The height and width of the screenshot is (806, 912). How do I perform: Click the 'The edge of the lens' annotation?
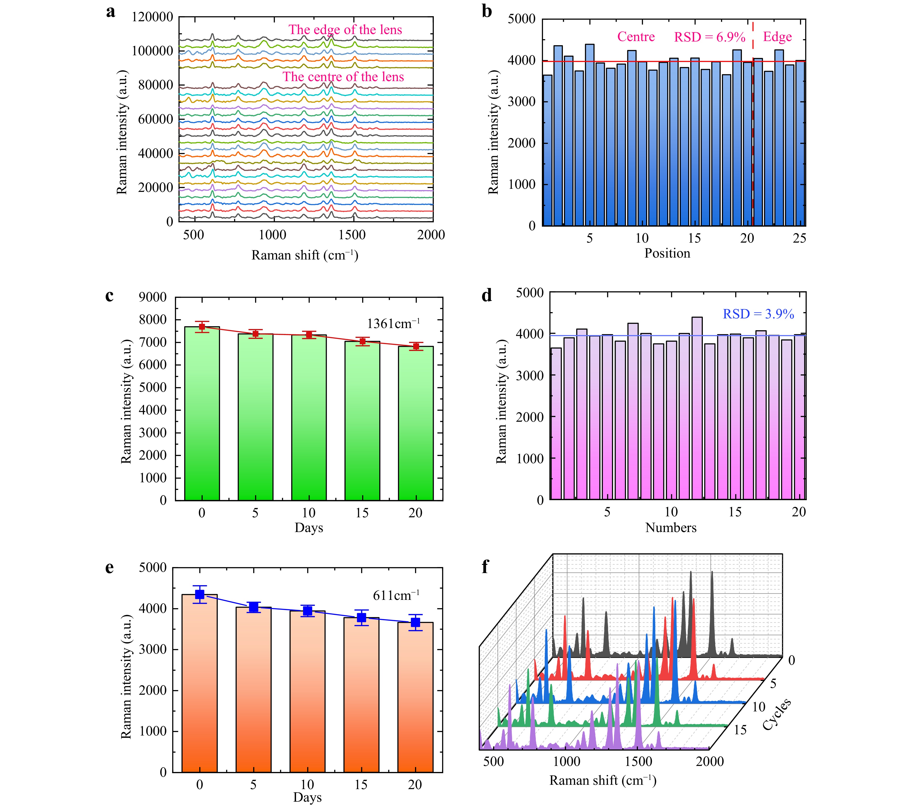click(x=345, y=30)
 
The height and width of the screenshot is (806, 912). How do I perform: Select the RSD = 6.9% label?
click(x=709, y=37)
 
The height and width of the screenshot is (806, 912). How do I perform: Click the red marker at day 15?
click(x=362, y=341)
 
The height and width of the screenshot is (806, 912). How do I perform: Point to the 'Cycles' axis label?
click(x=776, y=714)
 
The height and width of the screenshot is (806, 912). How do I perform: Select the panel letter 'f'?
click(x=485, y=567)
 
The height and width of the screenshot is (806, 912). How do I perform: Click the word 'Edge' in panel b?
click(x=777, y=37)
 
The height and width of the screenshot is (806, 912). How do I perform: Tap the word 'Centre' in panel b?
click(x=636, y=37)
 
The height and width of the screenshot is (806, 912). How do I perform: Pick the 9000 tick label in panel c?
click(x=152, y=297)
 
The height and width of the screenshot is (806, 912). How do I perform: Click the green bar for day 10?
click(x=309, y=420)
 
